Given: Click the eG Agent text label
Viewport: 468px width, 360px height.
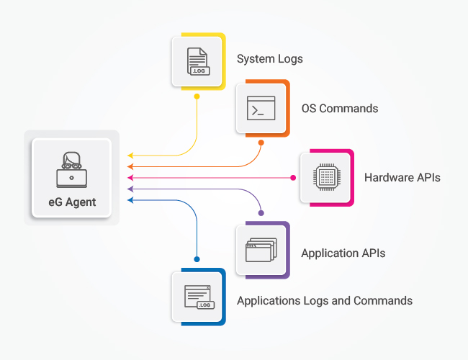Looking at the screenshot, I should pyautogui.click(x=71, y=202).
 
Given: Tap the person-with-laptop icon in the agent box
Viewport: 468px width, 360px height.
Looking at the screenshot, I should pyautogui.click(x=71, y=170).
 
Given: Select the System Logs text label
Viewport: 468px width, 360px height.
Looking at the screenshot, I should pyautogui.click(x=270, y=59).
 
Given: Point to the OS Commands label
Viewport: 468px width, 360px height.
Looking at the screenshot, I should pyautogui.click(x=339, y=109).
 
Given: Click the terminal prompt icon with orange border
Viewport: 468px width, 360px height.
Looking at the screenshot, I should pyautogui.click(x=261, y=108).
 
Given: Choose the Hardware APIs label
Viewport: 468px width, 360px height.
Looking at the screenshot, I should pyautogui.click(x=402, y=177).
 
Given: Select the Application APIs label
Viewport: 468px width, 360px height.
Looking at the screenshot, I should pyautogui.click(x=343, y=253).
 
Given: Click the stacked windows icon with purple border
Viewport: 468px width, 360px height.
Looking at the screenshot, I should pyautogui.click(x=260, y=251).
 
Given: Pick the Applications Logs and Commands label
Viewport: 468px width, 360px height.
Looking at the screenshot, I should pyautogui.click(x=325, y=300).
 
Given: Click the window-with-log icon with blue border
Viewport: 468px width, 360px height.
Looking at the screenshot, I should pyautogui.click(x=197, y=297).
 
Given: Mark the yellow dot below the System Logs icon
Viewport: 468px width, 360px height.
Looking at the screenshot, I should pyautogui.click(x=197, y=96).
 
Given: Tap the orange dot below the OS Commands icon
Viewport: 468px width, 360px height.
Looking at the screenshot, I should pyautogui.click(x=261, y=143).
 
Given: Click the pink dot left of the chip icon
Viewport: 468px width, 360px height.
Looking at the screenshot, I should pyautogui.click(x=293, y=177).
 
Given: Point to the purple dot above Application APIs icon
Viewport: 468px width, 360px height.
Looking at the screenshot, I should pyautogui.click(x=261, y=213).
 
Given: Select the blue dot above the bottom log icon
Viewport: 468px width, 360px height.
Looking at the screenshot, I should pyautogui.click(x=197, y=258).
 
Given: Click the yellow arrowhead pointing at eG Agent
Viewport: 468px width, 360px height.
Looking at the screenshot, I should pyautogui.click(x=130, y=155).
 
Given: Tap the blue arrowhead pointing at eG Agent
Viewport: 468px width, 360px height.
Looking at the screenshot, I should pyautogui.click(x=130, y=199).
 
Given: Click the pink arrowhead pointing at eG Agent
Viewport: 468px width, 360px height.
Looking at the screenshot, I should pyautogui.click(x=130, y=177).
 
